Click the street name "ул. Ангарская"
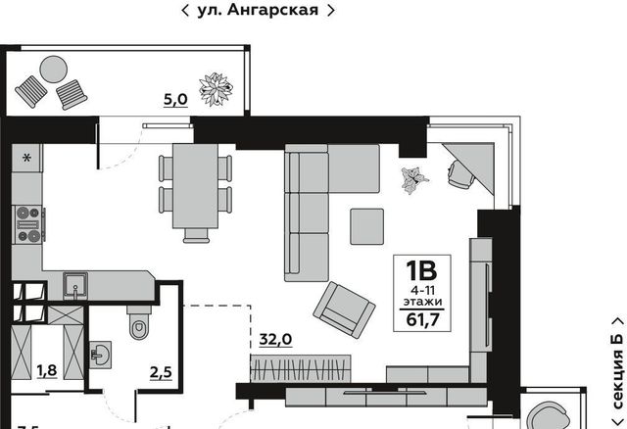[x=258, y=10]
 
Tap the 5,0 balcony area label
[x=175, y=99]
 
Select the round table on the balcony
[x=54, y=70]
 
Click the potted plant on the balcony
[x=216, y=89]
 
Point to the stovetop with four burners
[x=28, y=224]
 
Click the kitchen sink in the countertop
[x=75, y=285]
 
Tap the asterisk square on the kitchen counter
[x=26, y=159]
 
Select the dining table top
[x=195, y=186]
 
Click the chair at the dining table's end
[x=196, y=235]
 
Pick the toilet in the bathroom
[x=139, y=323]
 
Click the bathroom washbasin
[x=100, y=355]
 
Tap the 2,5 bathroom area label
[x=161, y=372]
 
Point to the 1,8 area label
[x=47, y=371]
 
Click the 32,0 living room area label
[x=275, y=340]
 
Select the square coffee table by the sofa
[x=367, y=226]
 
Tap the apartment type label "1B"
[x=421, y=270]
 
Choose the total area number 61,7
[x=422, y=320]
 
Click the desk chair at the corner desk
[x=459, y=174]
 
